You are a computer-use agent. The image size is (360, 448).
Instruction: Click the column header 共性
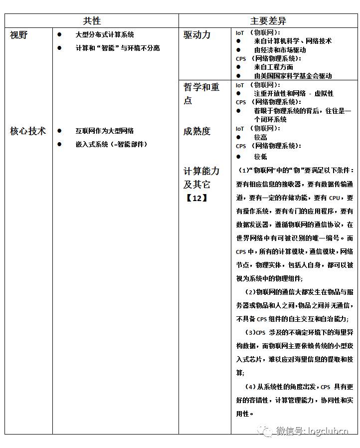click(92, 21)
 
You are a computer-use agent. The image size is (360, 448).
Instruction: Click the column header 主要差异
click(268, 21)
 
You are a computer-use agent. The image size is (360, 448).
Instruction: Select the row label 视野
click(19, 35)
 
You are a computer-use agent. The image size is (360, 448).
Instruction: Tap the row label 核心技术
click(28, 131)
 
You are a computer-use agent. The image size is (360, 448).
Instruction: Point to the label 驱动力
click(197, 35)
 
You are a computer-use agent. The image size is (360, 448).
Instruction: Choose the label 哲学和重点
click(201, 94)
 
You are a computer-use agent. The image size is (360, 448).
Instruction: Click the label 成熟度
click(197, 131)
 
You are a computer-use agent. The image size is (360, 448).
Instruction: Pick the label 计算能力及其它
click(201, 178)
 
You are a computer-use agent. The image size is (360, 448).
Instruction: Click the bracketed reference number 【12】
click(196, 198)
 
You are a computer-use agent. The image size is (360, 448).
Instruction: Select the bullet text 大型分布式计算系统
click(105, 34)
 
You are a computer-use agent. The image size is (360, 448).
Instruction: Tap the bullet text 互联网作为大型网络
click(105, 131)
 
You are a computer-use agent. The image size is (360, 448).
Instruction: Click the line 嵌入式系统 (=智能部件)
click(111, 144)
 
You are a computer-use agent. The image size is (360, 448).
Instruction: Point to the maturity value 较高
click(260, 137)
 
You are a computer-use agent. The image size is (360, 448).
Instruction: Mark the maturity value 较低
click(260, 156)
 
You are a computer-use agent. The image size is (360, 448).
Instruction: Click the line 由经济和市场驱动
click(280, 50)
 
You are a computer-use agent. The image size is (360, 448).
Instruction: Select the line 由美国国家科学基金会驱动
click(293, 76)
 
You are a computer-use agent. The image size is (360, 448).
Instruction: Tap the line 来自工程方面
click(273, 67)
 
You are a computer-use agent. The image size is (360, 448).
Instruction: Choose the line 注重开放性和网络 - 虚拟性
click(294, 93)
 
